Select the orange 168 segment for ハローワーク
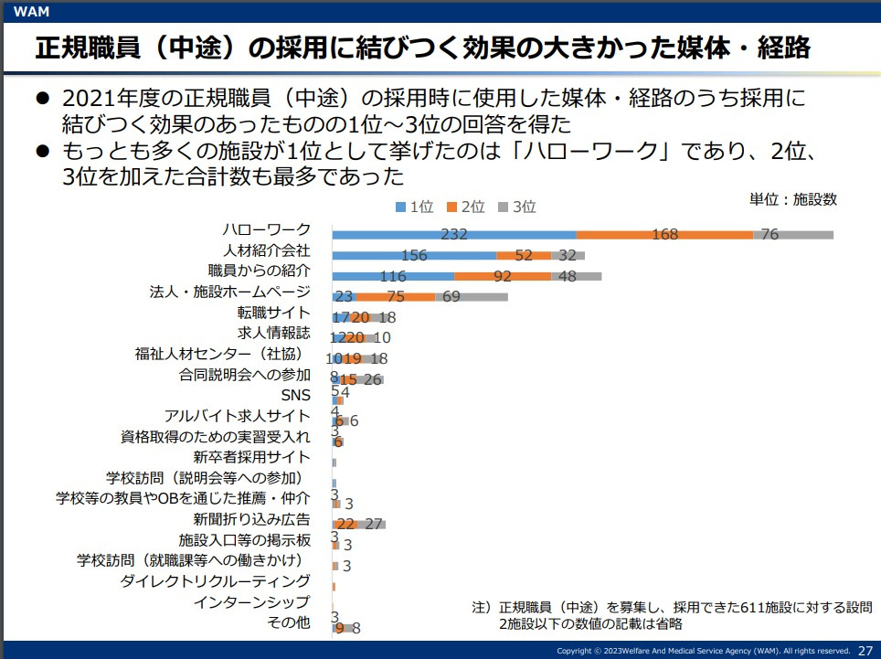click(664, 235)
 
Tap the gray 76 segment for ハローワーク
click(793, 235)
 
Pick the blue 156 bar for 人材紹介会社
click(414, 256)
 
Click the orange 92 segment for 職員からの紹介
click(503, 276)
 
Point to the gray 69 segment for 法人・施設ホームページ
click(472, 296)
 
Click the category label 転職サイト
click(274, 313)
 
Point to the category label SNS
click(296, 395)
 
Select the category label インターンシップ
click(252, 601)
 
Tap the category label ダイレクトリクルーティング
click(216, 580)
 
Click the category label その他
click(289, 622)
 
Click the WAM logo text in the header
click(32, 11)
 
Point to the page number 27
click(865, 650)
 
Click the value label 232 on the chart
click(454, 235)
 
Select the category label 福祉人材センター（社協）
click(223, 354)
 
